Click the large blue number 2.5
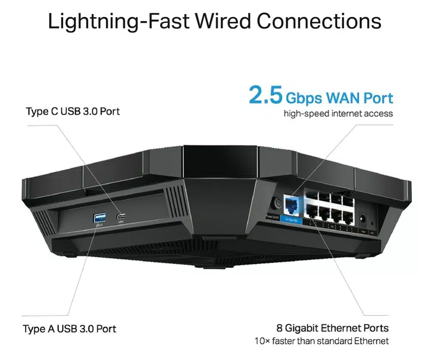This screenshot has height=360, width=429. pyautogui.click(x=265, y=96)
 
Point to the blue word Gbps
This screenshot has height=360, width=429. pyautogui.click(x=303, y=98)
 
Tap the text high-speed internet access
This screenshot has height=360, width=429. pyautogui.click(x=338, y=114)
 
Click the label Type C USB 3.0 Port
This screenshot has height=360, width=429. pyautogui.click(x=73, y=111)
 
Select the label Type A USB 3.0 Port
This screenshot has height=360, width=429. pyautogui.click(x=69, y=329)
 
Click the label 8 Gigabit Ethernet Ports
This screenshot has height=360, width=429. pyautogui.click(x=332, y=328)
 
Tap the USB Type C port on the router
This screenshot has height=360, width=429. pyautogui.click(x=120, y=217)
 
